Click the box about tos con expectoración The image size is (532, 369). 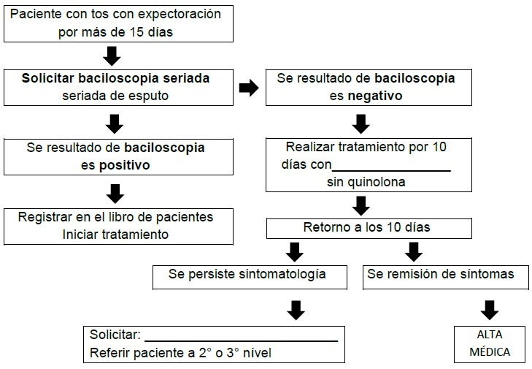point(119,24)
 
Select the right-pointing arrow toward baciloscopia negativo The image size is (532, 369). point(248,88)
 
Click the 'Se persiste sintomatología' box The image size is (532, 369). point(247,275)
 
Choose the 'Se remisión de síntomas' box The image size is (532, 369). point(440,275)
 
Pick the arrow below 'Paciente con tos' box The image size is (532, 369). point(113,54)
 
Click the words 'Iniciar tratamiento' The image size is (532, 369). point(116,235)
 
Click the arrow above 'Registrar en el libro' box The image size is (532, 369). point(115,194)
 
